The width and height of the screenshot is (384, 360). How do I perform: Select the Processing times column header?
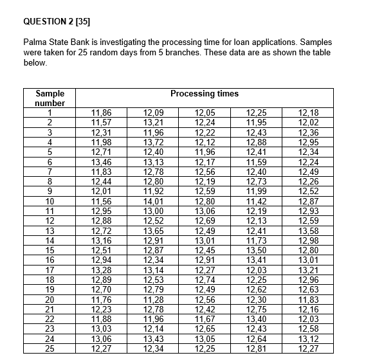(x=205, y=94)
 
